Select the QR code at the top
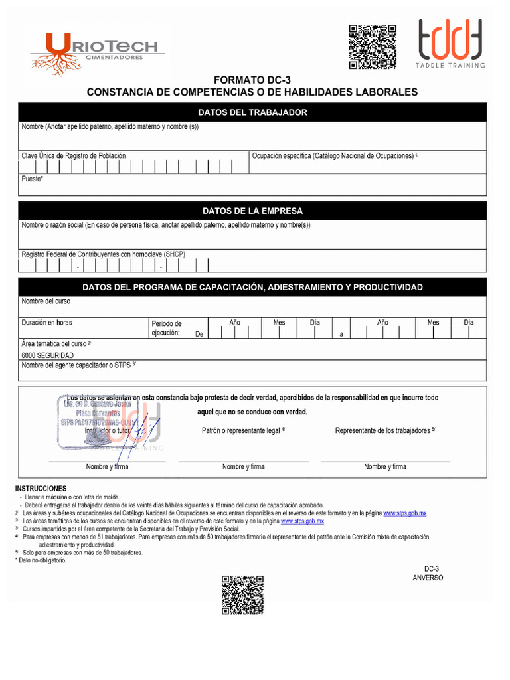pos(373,46)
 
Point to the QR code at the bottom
pos(243,594)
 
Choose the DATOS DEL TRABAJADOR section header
pos(252,112)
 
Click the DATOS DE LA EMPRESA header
pos(252,211)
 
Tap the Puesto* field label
pos(33,179)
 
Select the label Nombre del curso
pos(46,301)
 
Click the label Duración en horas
pos(47,323)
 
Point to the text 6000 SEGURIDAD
pos(48,355)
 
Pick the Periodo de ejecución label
pos(166,328)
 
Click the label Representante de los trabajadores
pos(384,430)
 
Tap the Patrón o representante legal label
pos(243,430)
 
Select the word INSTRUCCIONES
pos(41,489)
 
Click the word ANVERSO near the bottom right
pos(428,578)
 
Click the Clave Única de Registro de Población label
pos(74,156)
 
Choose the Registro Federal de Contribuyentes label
pos(104,254)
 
